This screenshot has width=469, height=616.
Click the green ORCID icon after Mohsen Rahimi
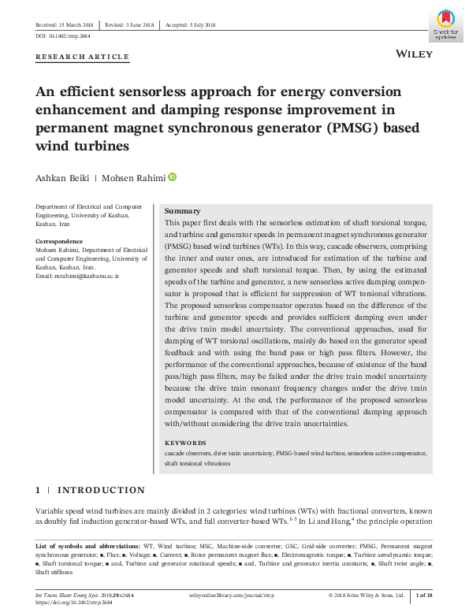pos(172,176)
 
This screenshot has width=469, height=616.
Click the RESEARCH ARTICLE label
pos(82,58)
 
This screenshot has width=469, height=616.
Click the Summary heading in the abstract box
pos(182,211)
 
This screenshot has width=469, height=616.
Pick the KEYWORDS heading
pos(185,443)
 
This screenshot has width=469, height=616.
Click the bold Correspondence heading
pos(59,241)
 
